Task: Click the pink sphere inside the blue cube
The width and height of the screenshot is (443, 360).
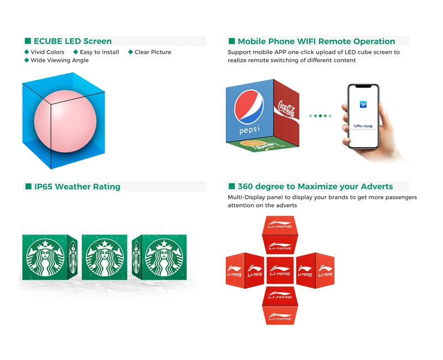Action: click(x=65, y=121)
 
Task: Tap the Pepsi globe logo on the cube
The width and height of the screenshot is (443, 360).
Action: click(x=249, y=107)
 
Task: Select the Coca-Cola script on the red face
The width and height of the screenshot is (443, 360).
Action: click(x=286, y=109)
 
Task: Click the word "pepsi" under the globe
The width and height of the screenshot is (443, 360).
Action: click(x=249, y=130)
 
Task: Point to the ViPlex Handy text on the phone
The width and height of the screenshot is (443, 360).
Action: click(x=363, y=126)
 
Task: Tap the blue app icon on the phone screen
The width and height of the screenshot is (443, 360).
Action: click(x=363, y=105)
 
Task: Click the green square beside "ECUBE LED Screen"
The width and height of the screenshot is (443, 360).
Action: click(x=28, y=41)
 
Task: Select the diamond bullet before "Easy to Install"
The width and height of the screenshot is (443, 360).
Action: click(x=75, y=52)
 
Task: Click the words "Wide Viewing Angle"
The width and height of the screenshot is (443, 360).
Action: click(x=60, y=60)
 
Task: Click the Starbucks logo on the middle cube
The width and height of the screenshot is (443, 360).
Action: click(x=105, y=258)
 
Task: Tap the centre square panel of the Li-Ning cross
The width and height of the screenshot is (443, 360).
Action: click(x=280, y=270)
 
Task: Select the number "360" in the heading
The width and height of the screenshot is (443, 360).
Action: click(x=245, y=187)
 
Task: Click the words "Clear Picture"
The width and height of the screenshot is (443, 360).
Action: click(x=153, y=52)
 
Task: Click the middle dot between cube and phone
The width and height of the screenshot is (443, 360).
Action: click(x=320, y=116)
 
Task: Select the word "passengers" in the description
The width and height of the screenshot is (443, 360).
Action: click(x=401, y=197)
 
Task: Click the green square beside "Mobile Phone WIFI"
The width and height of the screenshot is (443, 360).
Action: click(x=231, y=41)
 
